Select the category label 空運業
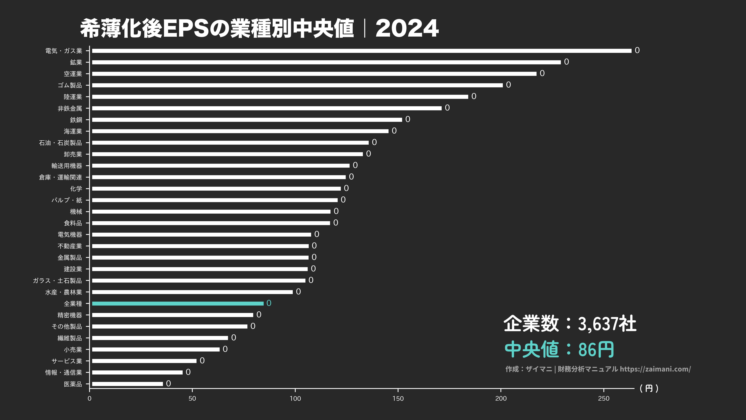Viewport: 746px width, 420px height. [73, 74]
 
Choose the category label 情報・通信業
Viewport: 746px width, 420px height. [64, 373]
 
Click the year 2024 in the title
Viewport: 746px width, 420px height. [407, 28]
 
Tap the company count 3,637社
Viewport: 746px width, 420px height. [607, 324]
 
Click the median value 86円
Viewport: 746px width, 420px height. [596, 350]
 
